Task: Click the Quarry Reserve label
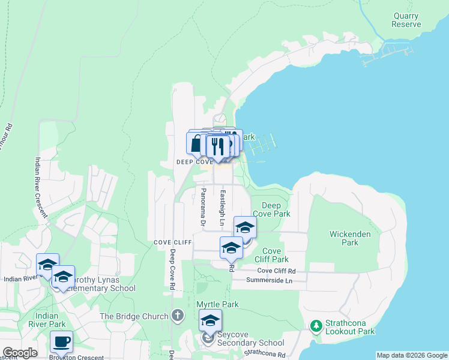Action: click(x=406, y=20)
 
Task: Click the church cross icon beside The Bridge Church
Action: click(x=177, y=315)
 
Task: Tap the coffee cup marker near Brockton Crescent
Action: click(x=61, y=342)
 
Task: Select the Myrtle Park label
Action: click(x=217, y=304)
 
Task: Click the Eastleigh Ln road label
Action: click(x=222, y=208)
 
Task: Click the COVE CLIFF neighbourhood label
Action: click(x=172, y=242)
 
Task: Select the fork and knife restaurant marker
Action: click(x=217, y=146)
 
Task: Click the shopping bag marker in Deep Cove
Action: click(x=197, y=144)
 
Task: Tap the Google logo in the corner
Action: click(x=19, y=353)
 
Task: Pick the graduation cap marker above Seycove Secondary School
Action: click(x=210, y=320)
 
